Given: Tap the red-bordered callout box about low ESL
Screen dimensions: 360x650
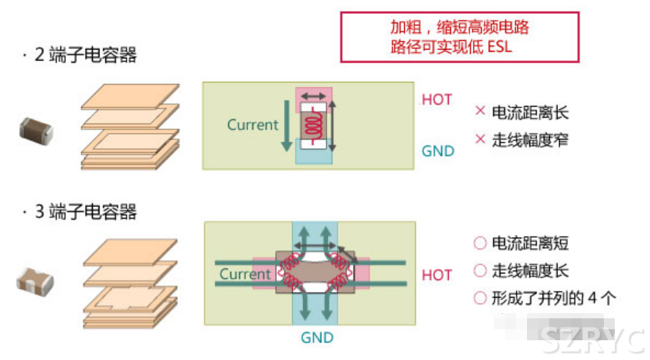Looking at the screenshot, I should coord(460,37).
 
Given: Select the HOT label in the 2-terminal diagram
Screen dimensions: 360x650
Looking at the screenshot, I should coord(437,100).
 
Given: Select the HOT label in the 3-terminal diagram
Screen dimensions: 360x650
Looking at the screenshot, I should coord(437,275).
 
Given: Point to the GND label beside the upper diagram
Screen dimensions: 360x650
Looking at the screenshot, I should coord(438,151).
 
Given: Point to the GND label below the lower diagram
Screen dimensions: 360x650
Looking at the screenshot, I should coord(317,337).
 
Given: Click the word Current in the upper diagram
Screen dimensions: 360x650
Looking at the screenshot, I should coord(253,125).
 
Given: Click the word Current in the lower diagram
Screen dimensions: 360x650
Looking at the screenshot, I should coord(245,274).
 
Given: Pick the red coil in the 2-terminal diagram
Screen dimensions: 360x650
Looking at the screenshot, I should coord(315,127).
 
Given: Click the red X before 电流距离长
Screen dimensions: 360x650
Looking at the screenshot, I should coord(480,112).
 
